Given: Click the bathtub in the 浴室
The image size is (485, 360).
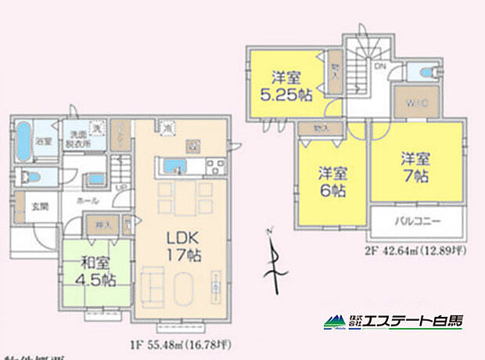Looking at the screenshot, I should pos(23,141).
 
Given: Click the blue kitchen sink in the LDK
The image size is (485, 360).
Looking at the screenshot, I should pos(174,166).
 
